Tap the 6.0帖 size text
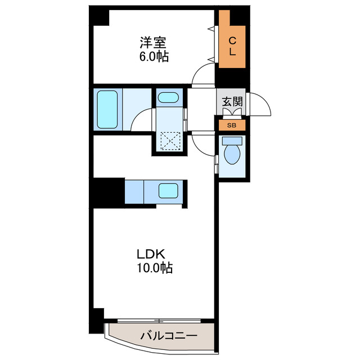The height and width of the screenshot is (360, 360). (152, 57)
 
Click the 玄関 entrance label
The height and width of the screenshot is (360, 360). (231, 102)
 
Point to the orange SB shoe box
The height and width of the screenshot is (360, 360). (231, 125)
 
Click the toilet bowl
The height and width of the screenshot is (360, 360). (231, 154)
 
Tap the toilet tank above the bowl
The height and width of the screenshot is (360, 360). (231, 141)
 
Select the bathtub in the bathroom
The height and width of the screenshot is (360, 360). (106, 109)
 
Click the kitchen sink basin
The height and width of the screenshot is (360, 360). (168, 191)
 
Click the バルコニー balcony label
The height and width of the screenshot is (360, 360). (168, 336)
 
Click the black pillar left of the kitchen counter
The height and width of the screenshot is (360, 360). (109, 192)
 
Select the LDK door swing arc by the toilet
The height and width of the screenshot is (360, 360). (202, 142)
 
